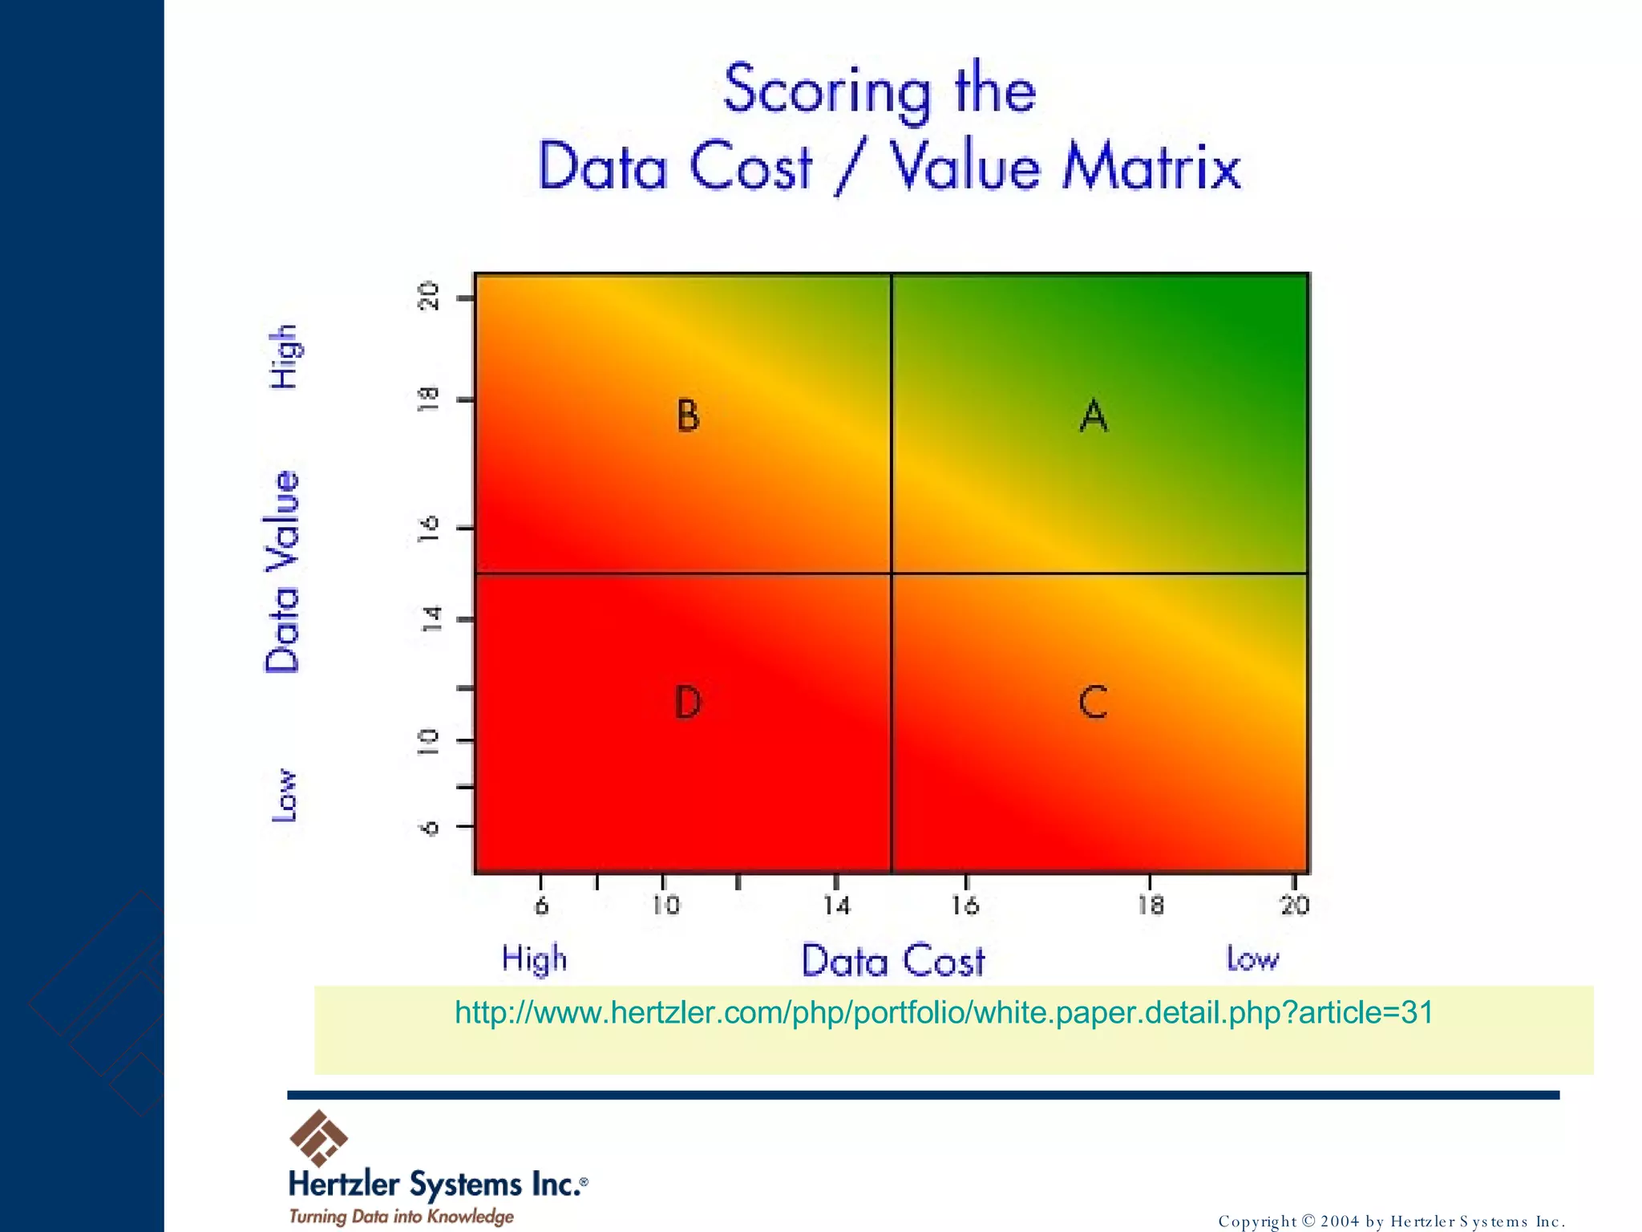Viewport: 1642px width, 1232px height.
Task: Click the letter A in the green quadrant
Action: (x=1094, y=415)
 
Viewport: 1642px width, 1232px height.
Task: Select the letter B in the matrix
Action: (x=687, y=415)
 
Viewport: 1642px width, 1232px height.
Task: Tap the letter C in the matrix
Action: (x=1093, y=702)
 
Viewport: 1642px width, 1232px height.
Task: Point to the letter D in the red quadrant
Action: (x=687, y=703)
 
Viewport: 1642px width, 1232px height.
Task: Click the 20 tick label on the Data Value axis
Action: (x=431, y=296)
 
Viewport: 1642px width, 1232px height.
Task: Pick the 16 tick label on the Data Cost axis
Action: (x=965, y=906)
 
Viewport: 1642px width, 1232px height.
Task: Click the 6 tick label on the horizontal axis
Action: (x=542, y=906)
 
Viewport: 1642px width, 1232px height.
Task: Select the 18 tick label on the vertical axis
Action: (x=429, y=399)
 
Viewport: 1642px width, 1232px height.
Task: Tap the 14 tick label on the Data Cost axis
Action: (x=836, y=906)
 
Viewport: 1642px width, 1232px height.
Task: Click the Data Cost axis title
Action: (x=893, y=961)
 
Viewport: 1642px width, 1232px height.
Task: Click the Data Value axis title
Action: (x=283, y=571)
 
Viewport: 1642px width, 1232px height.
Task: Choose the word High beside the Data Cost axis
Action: (x=534, y=959)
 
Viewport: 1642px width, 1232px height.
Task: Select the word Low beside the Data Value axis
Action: (x=284, y=795)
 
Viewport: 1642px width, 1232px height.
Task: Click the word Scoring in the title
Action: (x=827, y=91)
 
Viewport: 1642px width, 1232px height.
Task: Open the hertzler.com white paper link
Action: (x=944, y=1012)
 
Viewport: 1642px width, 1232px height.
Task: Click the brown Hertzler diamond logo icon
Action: (x=318, y=1137)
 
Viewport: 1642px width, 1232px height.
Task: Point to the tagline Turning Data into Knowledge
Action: (x=401, y=1216)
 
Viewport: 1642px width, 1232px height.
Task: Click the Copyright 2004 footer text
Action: (x=1390, y=1221)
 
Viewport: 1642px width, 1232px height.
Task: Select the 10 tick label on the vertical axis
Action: (x=429, y=741)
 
